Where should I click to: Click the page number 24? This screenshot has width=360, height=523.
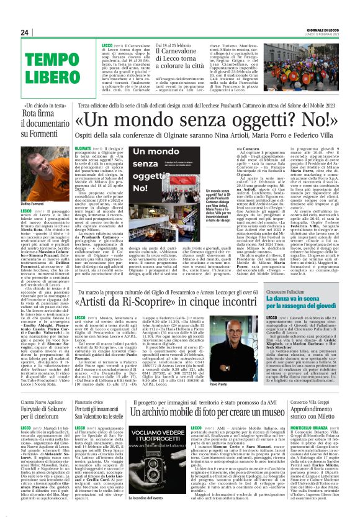coord(25,32)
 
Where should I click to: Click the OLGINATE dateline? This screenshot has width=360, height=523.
coord(83,149)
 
